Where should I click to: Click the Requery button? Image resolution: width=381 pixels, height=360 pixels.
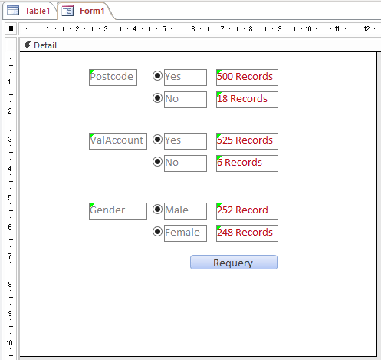[234, 263]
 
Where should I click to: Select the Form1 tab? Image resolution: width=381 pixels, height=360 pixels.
[84, 11]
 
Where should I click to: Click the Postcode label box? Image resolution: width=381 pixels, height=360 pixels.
[113, 78]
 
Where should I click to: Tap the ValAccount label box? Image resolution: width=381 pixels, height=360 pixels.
[118, 141]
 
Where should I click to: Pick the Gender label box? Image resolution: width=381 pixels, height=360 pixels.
[118, 211]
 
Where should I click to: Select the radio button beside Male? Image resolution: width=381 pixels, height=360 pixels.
[157, 210]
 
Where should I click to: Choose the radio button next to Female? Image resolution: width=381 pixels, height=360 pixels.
[157, 232]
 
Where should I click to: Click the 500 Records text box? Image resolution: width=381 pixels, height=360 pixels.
[247, 78]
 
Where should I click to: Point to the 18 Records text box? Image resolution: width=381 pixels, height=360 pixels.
[247, 100]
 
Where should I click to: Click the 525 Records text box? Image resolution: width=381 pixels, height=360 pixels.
[247, 141]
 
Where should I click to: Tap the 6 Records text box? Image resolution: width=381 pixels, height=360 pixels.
[247, 163]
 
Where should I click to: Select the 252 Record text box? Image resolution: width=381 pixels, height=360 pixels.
[247, 211]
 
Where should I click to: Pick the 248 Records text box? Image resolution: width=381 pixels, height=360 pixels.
[247, 233]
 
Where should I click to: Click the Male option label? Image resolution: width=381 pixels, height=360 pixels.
[186, 211]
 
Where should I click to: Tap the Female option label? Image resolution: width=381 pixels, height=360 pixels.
[186, 233]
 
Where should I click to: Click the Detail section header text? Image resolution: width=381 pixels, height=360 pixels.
[45, 45]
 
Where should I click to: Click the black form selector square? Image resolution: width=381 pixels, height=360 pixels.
[11, 28]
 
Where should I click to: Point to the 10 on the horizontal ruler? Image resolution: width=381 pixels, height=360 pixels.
[308, 28]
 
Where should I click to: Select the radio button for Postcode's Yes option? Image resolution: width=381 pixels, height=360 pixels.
[157, 76]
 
